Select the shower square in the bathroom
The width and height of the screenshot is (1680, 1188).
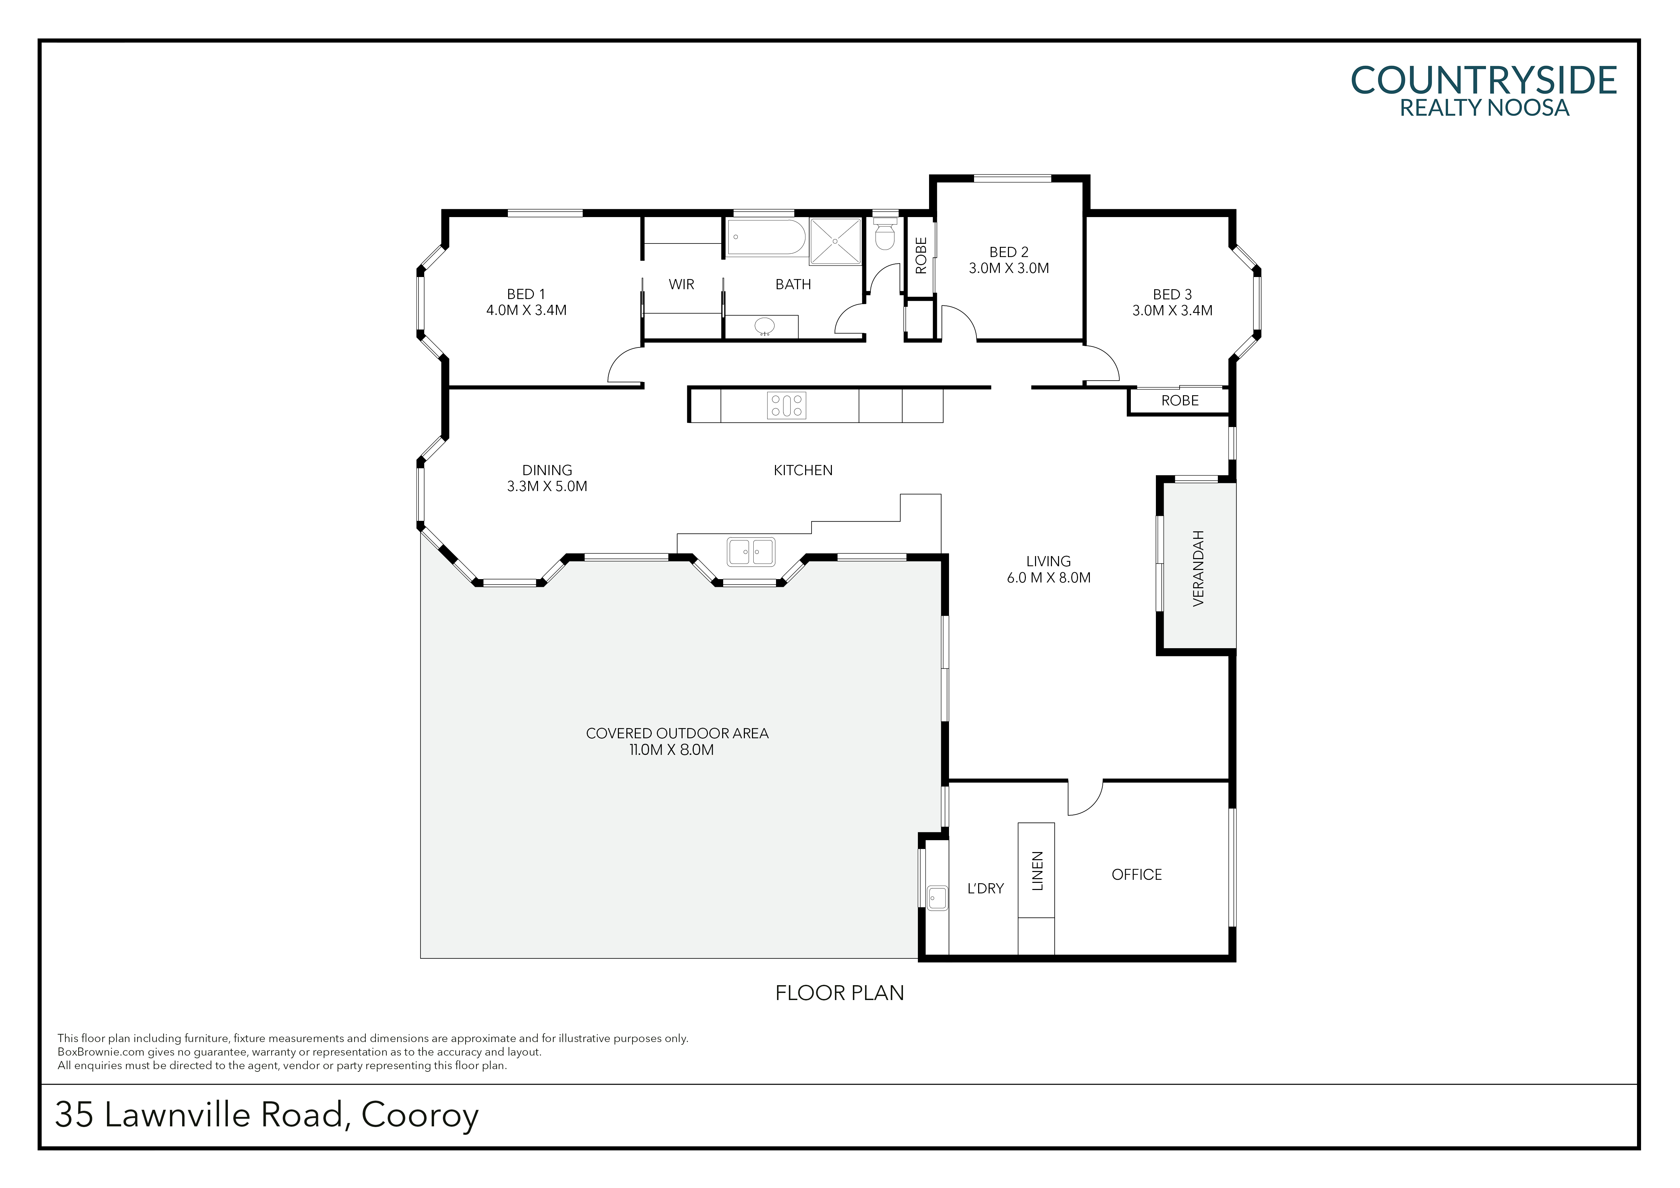(x=835, y=241)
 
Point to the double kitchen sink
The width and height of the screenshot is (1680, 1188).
(x=751, y=552)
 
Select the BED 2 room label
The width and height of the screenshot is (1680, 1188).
(x=1009, y=252)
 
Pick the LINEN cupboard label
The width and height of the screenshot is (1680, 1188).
(x=1037, y=871)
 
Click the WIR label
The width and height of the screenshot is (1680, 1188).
(x=681, y=284)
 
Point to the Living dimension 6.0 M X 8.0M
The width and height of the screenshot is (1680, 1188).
(x=1049, y=577)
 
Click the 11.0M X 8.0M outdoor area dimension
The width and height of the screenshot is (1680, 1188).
(x=671, y=749)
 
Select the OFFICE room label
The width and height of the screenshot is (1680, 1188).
(x=1136, y=875)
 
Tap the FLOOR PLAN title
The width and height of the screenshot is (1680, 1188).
(x=839, y=993)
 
